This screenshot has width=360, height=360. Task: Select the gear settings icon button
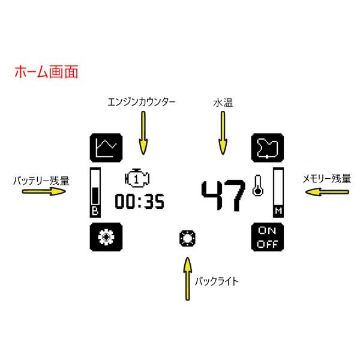tap(106, 238)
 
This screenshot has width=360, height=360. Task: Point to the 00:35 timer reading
tap(139, 202)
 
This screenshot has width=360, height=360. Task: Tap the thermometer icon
tap(258, 187)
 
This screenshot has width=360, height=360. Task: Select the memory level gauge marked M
tap(278, 192)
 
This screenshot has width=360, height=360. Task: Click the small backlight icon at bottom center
tap(188, 238)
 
